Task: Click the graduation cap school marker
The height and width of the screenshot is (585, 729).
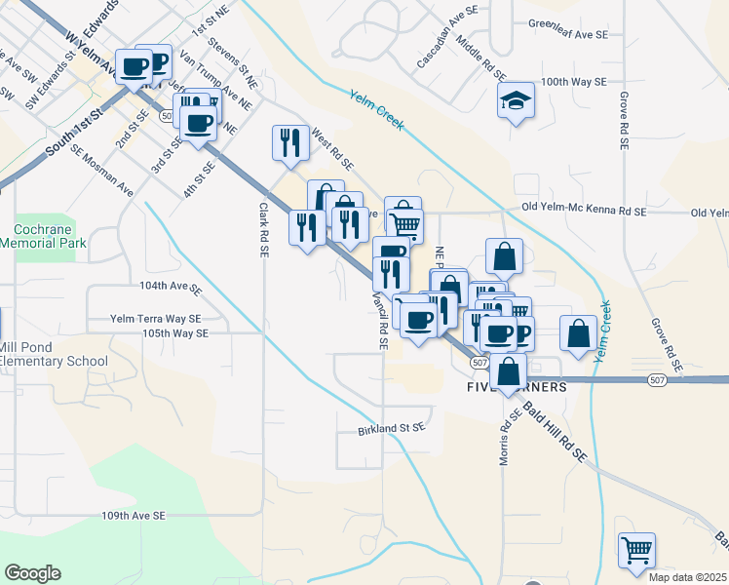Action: tap(517, 101)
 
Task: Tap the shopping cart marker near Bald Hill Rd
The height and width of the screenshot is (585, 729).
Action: tap(636, 550)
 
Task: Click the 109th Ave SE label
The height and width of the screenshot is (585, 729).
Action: tap(134, 515)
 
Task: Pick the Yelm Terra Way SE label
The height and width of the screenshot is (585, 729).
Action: tap(155, 318)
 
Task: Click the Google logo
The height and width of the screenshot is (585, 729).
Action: tap(32, 573)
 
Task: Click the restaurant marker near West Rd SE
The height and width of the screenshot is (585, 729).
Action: tap(290, 143)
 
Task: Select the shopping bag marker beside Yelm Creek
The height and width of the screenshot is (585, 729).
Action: tap(579, 332)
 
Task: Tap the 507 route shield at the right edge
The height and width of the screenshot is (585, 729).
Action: tap(659, 379)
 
